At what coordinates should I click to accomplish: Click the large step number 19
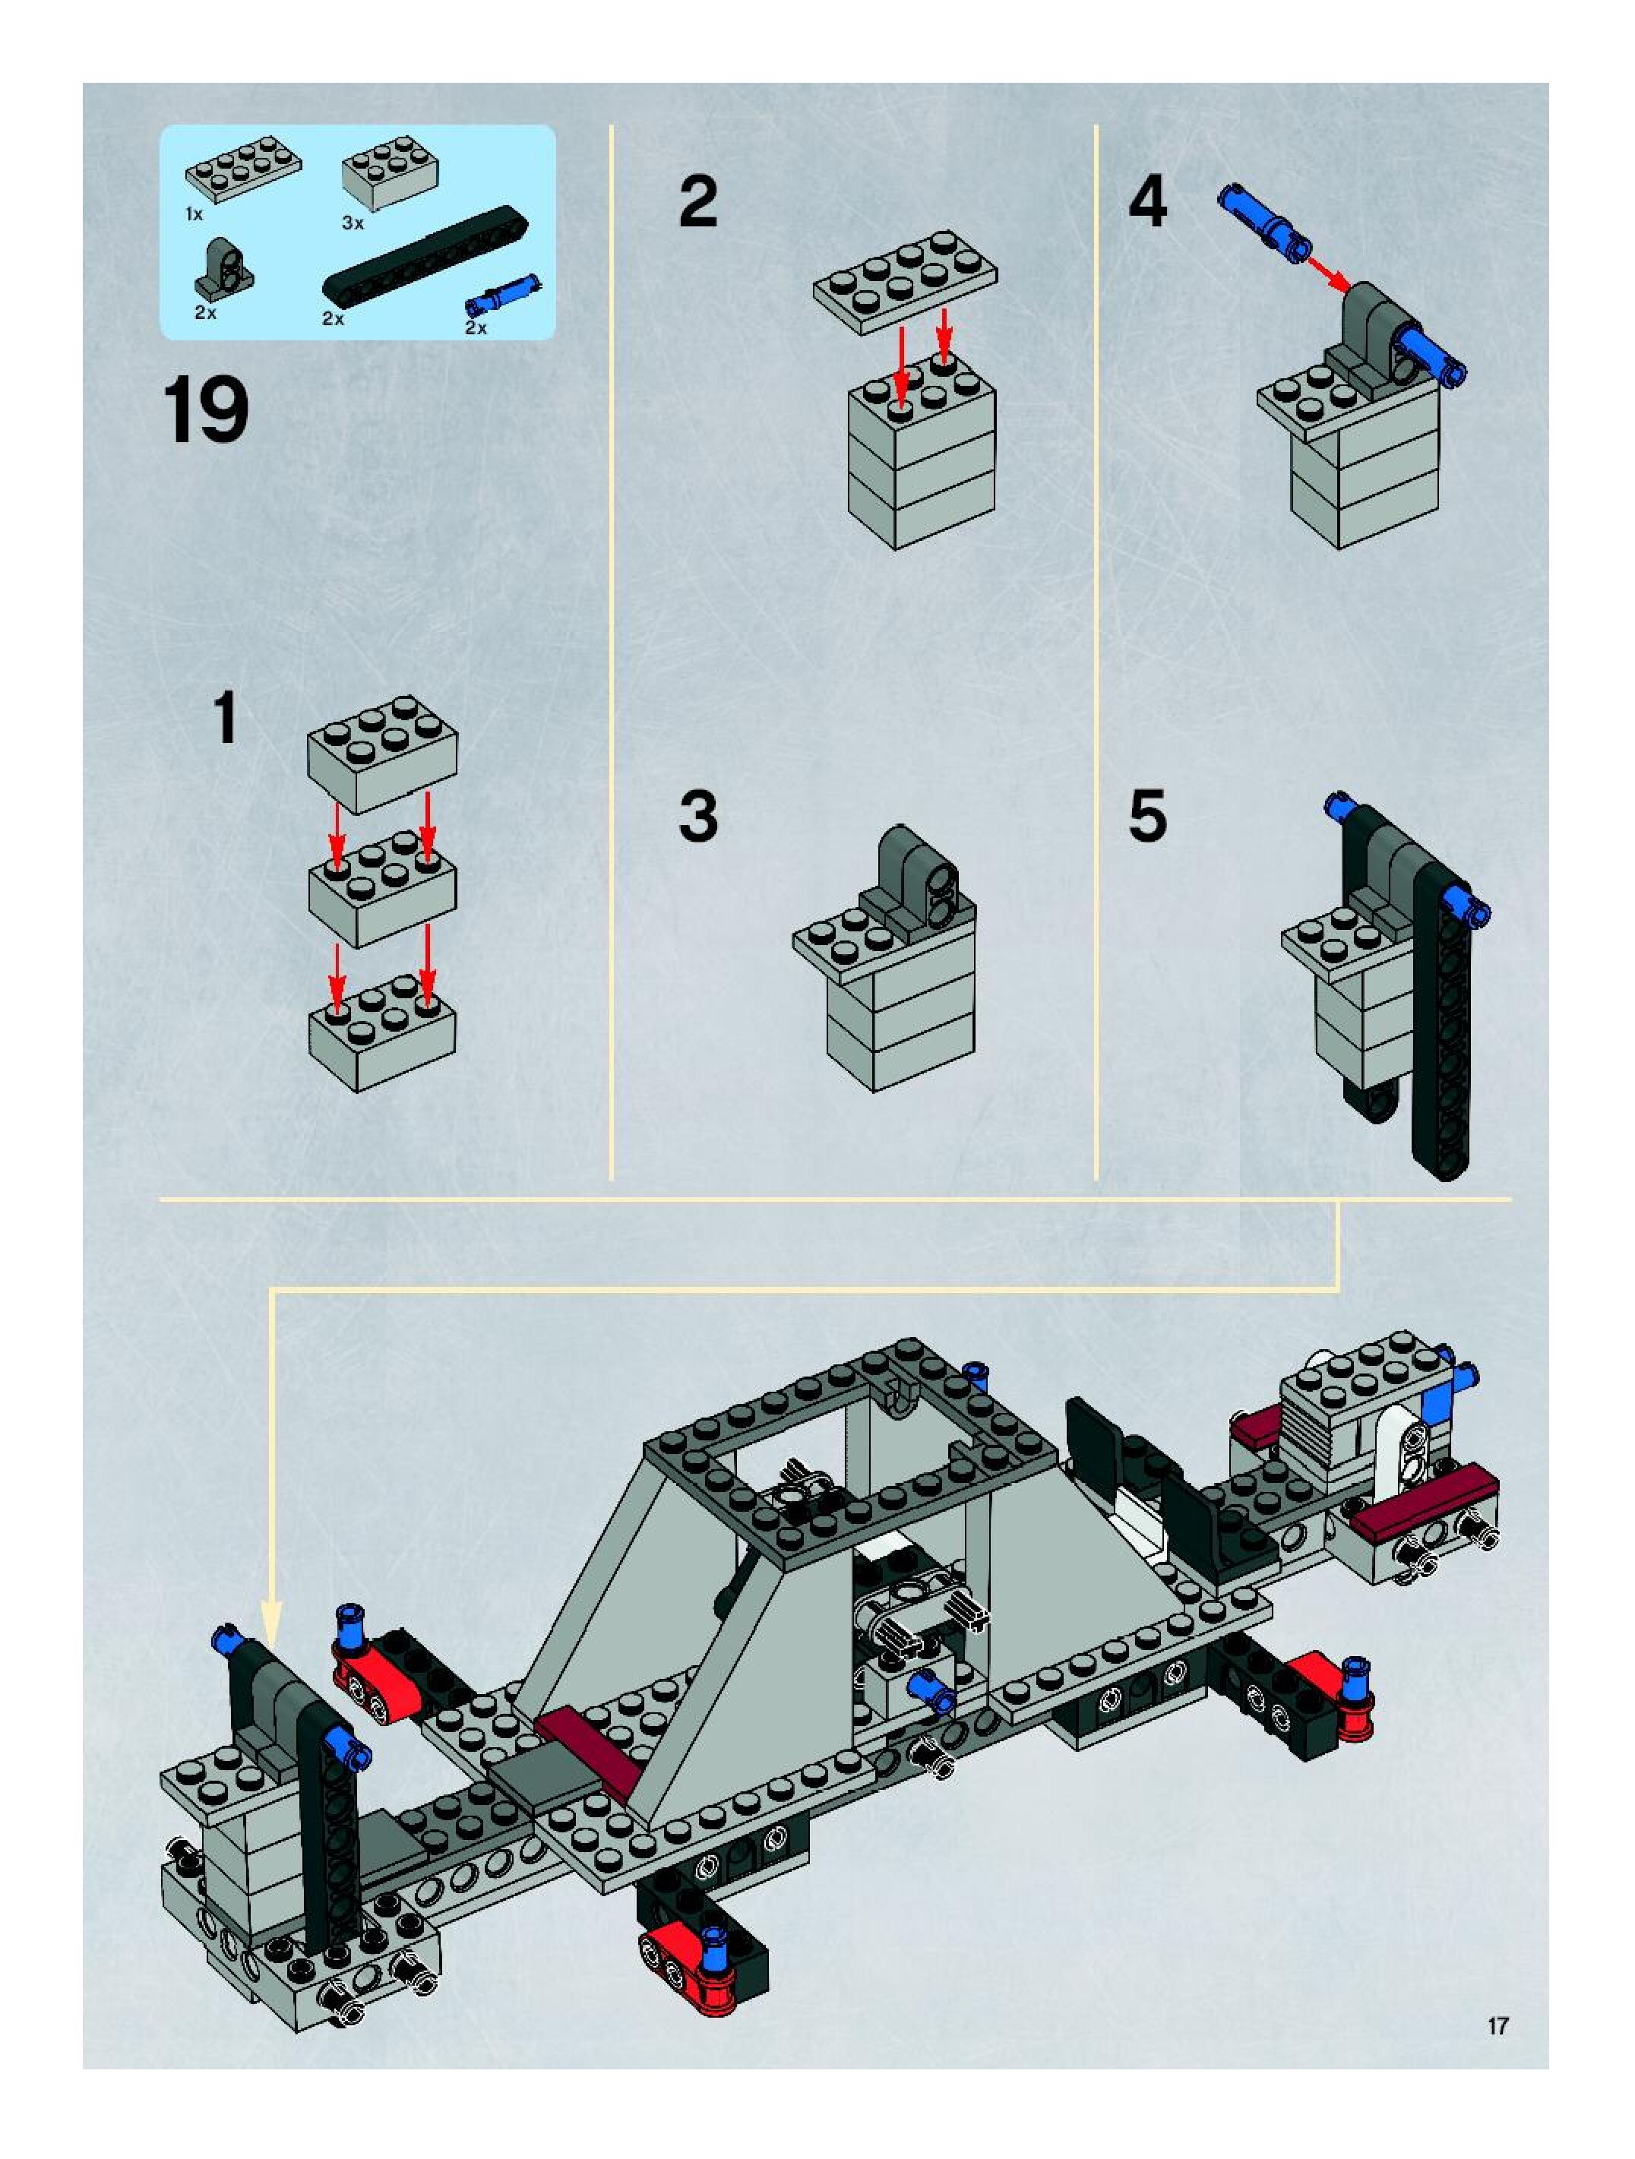point(205,412)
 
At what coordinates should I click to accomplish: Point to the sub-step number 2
point(698,202)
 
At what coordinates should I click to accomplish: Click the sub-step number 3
point(698,816)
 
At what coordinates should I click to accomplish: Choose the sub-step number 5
point(1148,816)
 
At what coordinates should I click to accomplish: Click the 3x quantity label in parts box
point(353,223)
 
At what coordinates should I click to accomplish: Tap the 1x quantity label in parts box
point(194,213)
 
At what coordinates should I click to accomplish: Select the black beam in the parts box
point(425,254)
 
